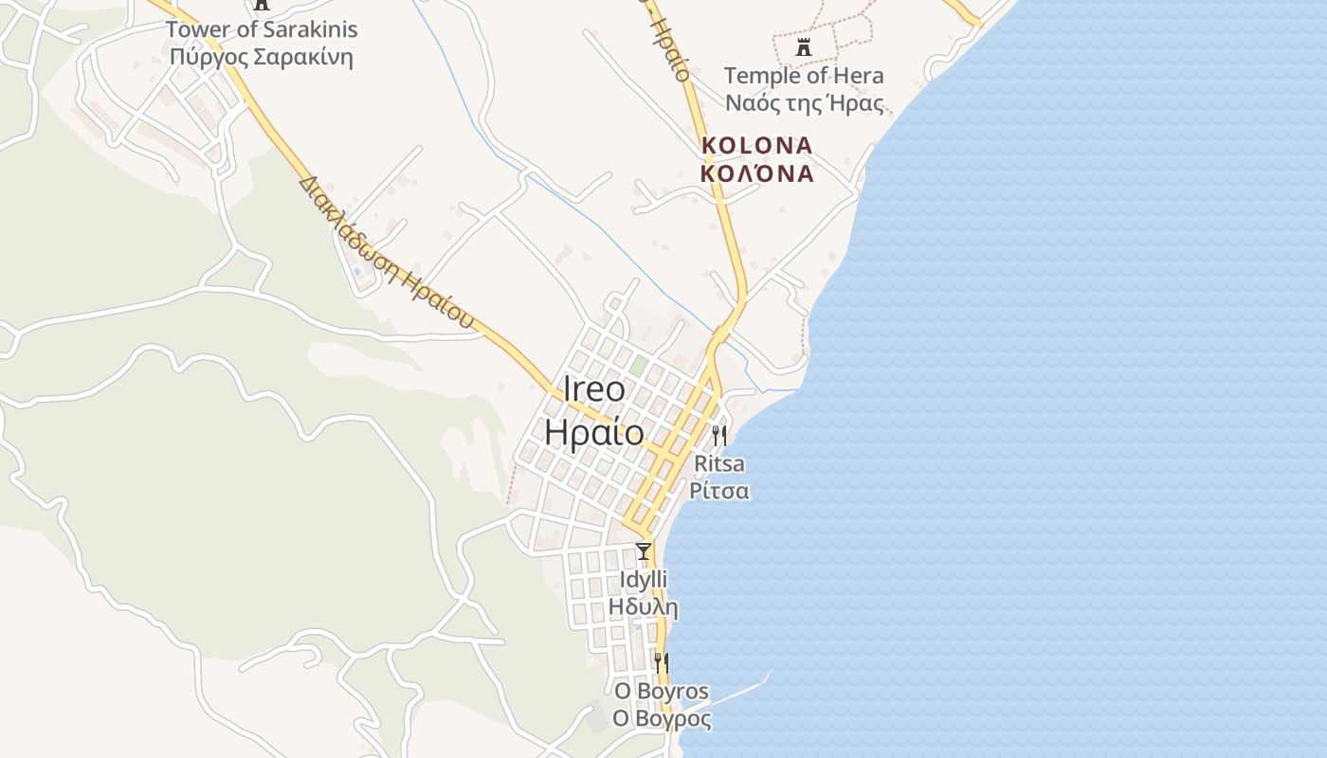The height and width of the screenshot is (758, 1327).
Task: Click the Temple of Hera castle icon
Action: [804, 46]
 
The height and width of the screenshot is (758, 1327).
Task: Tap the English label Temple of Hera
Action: [804, 76]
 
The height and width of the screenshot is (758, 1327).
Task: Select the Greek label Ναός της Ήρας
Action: [804, 103]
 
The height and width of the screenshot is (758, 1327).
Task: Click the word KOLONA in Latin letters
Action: [757, 146]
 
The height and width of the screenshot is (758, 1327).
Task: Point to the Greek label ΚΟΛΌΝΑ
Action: [757, 173]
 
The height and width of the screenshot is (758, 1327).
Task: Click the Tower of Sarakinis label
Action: [262, 29]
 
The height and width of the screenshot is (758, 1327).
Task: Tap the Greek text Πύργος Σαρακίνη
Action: [262, 57]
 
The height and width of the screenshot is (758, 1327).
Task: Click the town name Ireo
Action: [594, 389]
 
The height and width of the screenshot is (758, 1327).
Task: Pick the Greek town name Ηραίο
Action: [594, 432]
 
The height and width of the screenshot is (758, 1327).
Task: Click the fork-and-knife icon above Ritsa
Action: [719, 436]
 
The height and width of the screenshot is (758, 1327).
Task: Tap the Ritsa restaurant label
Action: [719, 464]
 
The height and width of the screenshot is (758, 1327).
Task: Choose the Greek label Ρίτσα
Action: [719, 491]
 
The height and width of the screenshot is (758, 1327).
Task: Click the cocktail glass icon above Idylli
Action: [644, 550]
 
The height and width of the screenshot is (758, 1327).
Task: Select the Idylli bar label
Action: [644, 579]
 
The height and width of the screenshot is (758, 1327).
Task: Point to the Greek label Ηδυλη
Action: [644, 606]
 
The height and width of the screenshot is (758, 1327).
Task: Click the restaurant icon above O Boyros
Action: [662, 662]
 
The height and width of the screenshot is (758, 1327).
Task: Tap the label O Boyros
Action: [662, 692]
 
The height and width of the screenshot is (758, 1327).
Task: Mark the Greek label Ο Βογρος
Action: [662, 719]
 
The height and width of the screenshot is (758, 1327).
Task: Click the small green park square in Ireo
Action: [640, 365]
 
